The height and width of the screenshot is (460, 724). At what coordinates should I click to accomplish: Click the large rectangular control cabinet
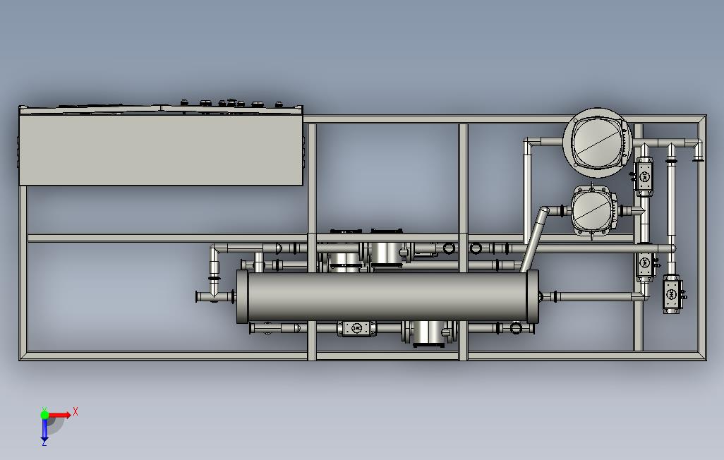point(161,147)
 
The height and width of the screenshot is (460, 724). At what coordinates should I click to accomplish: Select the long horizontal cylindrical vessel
point(387,296)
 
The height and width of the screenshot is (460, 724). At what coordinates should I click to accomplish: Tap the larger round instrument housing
point(598,143)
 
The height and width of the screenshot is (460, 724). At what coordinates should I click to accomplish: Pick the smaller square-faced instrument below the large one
point(594,211)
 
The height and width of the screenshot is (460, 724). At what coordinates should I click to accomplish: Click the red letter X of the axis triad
point(76,411)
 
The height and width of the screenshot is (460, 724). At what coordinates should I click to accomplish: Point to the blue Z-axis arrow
point(44,430)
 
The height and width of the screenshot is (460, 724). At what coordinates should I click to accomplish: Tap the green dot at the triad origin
point(44,415)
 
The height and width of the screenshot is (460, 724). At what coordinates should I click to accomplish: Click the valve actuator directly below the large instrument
point(644,177)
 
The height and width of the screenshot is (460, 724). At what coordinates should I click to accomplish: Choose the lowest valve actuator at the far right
point(672,293)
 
